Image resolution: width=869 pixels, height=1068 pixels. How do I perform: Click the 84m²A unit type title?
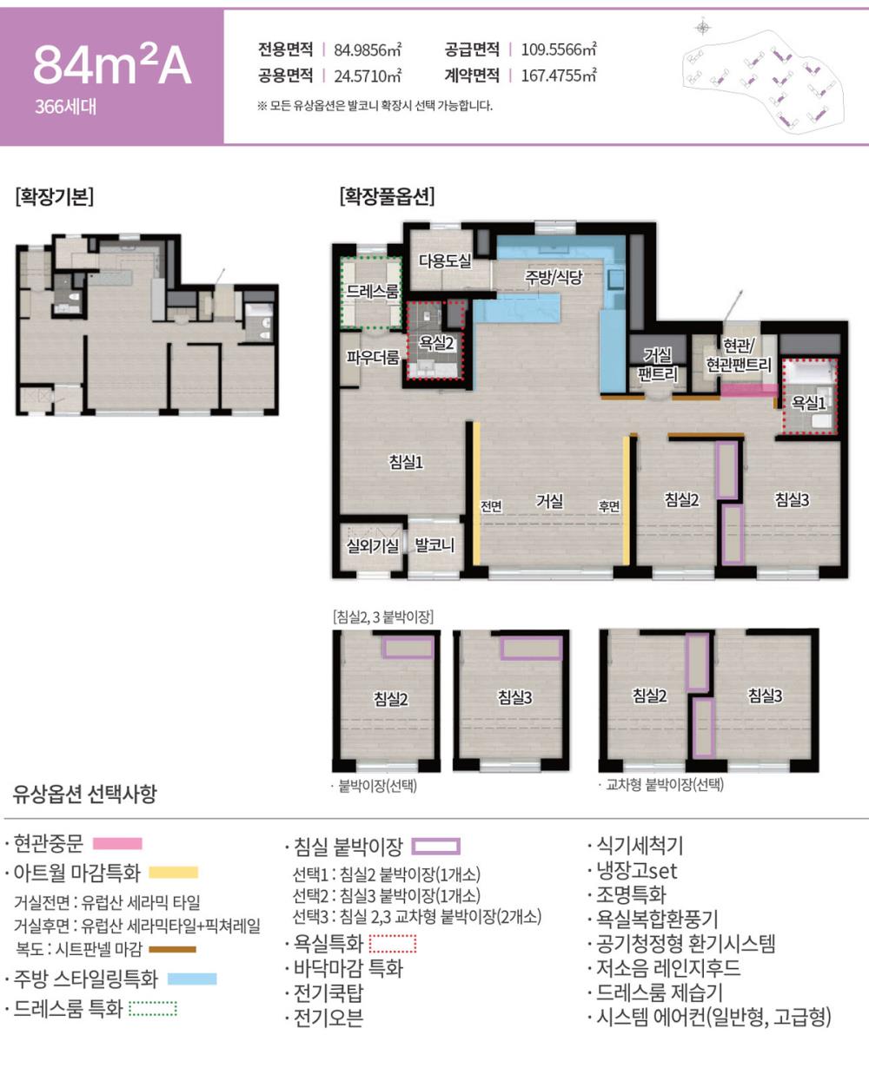tap(112, 65)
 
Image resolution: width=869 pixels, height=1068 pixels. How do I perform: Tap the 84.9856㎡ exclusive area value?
tap(368, 49)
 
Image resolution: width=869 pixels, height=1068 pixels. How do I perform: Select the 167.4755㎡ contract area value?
tap(559, 76)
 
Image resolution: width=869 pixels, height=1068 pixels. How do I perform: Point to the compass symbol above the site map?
tap(703, 27)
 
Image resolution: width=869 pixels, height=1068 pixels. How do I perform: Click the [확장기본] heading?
tap(55, 196)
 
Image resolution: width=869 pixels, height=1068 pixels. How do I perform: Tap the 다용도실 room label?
tap(445, 260)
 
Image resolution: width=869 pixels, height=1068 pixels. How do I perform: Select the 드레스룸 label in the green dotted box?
tap(372, 291)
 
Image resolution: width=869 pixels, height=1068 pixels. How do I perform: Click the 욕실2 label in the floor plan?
tap(436, 343)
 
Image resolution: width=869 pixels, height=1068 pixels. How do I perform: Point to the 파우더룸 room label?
tap(372, 357)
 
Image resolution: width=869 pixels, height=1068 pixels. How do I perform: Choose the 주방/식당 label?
tap(554, 276)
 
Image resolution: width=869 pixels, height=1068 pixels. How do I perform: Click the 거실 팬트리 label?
tap(657, 365)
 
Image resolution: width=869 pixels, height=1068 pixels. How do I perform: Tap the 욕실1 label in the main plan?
tap(808, 402)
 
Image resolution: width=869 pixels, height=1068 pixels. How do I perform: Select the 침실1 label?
tap(407, 461)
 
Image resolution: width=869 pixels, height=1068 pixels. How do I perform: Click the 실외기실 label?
tap(372, 545)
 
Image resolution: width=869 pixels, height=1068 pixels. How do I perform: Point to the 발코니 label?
tap(434, 545)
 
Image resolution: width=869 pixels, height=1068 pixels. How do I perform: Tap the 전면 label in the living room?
tap(491, 506)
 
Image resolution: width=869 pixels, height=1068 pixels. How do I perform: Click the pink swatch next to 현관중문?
tap(117, 844)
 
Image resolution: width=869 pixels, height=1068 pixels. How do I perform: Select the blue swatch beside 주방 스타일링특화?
tap(192, 979)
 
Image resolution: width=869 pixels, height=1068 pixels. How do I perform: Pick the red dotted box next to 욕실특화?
tap(393, 943)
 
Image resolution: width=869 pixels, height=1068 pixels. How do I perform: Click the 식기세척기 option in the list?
tap(640, 846)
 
